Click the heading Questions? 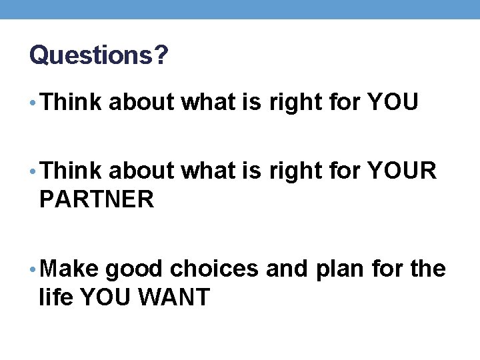pyautogui.click(x=98, y=55)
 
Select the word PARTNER pyautogui.click(x=97, y=199)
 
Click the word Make pyautogui.click(x=69, y=269)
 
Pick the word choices pyautogui.click(x=215, y=269)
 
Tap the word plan pyautogui.click(x=339, y=269)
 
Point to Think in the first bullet pyautogui.click(x=71, y=102)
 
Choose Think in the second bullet pyautogui.click(x=71, y=171)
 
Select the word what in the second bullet pyautogui.click(x=206, y=171)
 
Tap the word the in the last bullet pyautogui.click(x=429, y=269)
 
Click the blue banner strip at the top pyautogui.click(x=240, y=9)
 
